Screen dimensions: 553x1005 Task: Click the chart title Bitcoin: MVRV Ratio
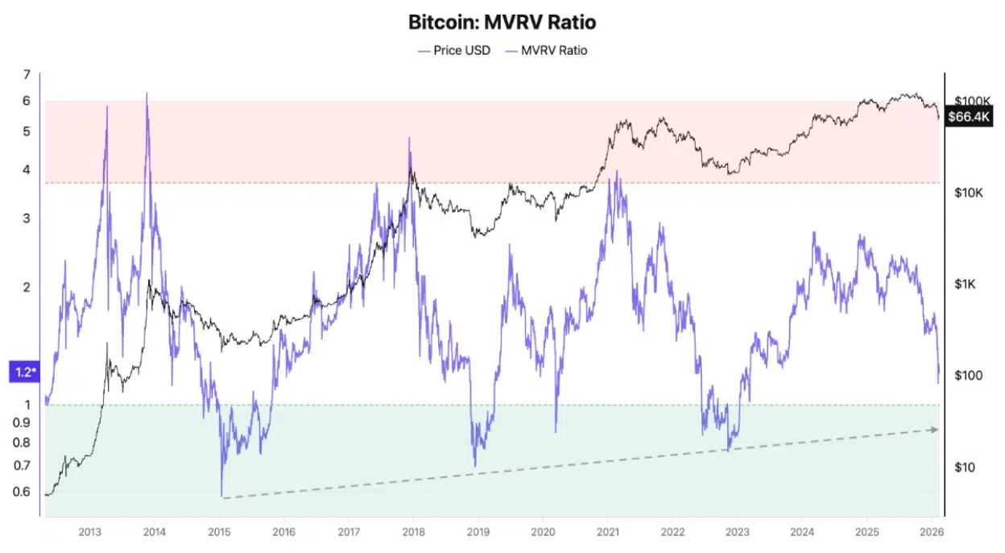click(502, 22)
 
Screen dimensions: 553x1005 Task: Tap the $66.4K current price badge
click(969, 118)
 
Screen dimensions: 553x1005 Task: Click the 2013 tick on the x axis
click(89, 532)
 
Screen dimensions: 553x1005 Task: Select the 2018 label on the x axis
click(413, 532)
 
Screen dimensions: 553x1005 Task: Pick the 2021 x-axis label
click(607, 532)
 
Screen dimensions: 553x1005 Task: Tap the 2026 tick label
click(931, 532)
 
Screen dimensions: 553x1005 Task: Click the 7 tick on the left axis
click(27, 75)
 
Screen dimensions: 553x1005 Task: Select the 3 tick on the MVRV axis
click(27, 218)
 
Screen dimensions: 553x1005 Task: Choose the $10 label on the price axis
click(964, 468)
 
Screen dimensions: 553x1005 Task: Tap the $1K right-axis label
click(965, 284)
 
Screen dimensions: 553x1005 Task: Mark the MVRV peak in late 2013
click(147, 94)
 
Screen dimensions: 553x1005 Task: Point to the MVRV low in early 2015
click(221, 495)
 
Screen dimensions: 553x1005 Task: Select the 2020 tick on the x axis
click(543, 532)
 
